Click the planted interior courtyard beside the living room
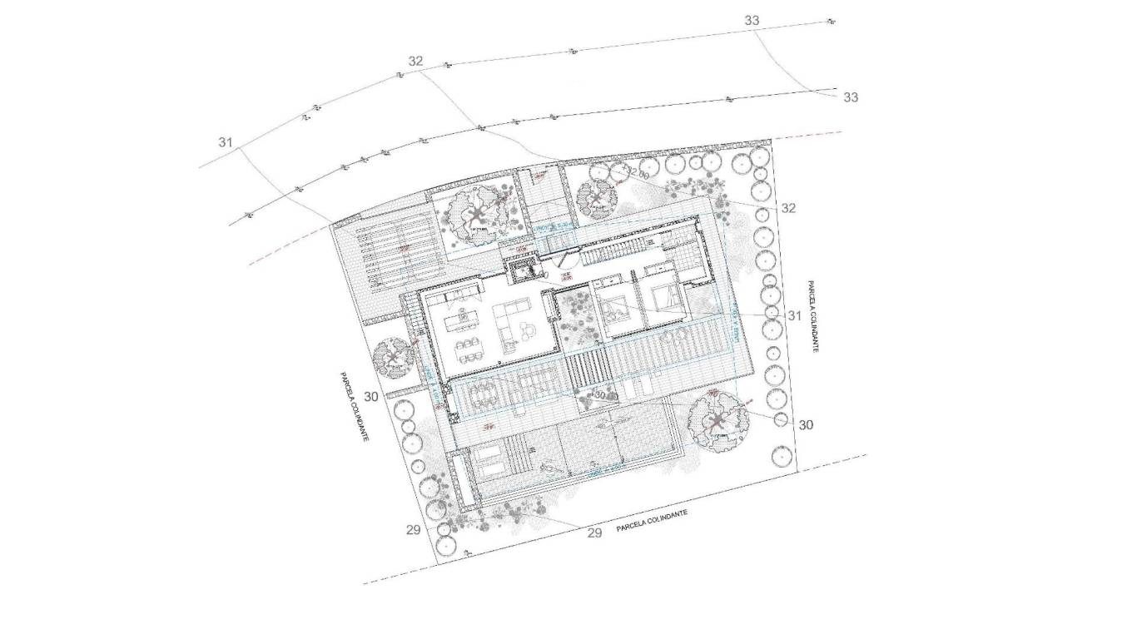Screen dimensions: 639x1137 point(574,320)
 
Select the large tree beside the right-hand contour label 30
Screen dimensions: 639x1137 point(717,421)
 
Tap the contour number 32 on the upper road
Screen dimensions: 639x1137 point(415,61)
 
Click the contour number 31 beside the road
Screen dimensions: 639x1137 point(226,142)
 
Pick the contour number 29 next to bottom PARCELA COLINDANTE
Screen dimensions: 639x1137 point(594,532)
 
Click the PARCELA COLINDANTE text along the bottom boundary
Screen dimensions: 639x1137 point(652,522)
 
